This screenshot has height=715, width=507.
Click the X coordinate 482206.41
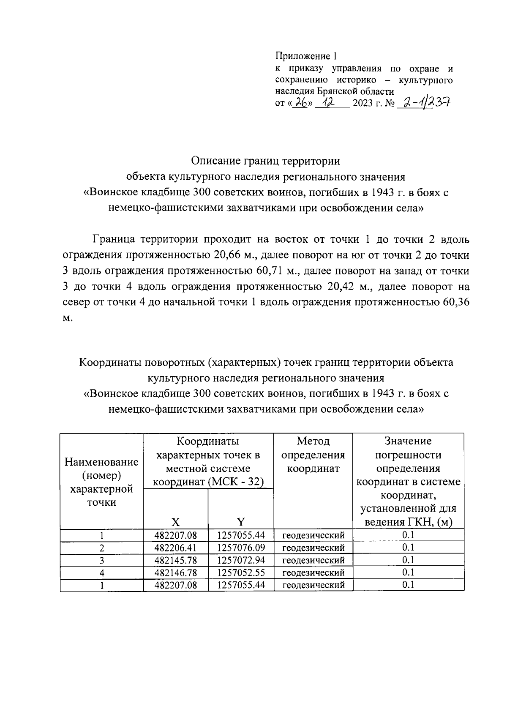point(176,548)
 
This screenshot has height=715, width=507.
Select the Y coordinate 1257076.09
point(241,548)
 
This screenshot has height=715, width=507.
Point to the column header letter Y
point(241,522)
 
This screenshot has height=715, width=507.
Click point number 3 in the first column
point(101,561)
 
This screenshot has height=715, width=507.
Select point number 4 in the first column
point(101,573)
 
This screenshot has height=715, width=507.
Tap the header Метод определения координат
point(313,455)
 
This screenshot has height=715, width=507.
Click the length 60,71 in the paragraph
point(270,271)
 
